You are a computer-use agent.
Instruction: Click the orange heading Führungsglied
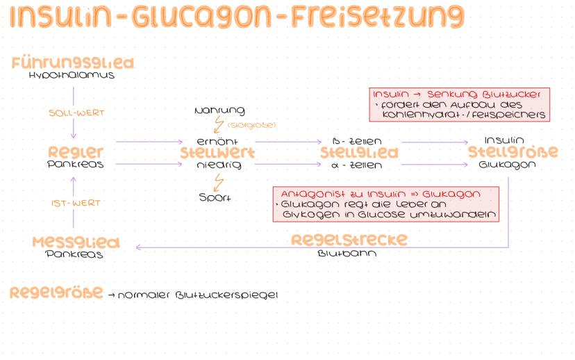(x=72, y=64)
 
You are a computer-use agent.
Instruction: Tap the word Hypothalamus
(x=72, y=75)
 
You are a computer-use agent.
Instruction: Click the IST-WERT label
(x=76, y=203)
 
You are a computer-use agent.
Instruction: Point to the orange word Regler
(x=76, y=152)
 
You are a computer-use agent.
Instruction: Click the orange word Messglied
(x=76, y=243)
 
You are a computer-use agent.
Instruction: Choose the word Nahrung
(x=219, y=111)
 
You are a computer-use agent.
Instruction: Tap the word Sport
(x=215, y=197)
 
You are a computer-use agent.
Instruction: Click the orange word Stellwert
(x=217, y=153)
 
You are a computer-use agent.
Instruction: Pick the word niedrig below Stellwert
(x=217, y=165)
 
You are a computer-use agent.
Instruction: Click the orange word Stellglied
(x=358, y=153)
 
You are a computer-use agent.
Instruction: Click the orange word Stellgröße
(x=512, y=152)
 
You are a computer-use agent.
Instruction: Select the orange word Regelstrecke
(x=349, y=240)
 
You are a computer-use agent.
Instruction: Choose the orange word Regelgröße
(x=56, y=293)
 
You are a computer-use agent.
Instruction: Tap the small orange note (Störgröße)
(x=251, y=125)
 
